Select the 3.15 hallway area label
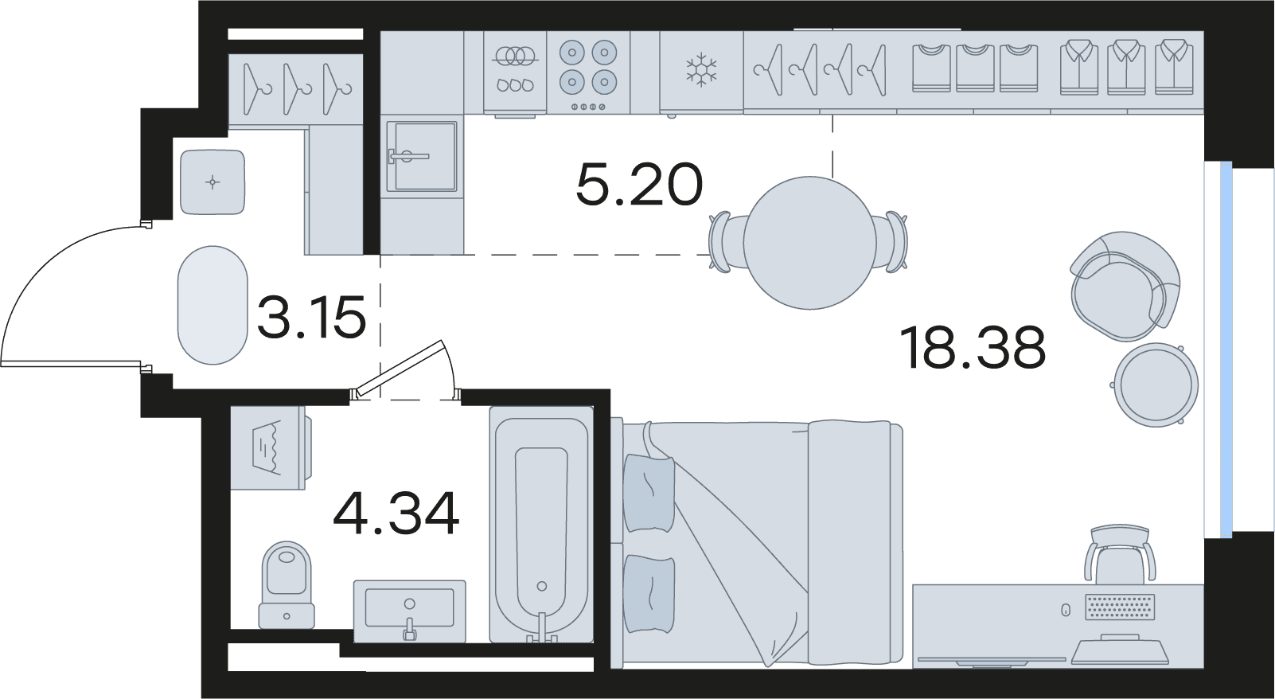point(311,316)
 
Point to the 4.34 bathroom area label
point(396,514)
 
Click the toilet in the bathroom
point(287,584)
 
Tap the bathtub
point(541,525)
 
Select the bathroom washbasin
point(409,611)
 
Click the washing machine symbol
point(267,447)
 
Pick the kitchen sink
point(421,157)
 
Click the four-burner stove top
point(588,72)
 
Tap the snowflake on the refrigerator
point(701,70)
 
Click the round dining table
point(809,243)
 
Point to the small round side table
point(1156,385)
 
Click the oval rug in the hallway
point(212,305)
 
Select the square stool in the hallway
point(212,182)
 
